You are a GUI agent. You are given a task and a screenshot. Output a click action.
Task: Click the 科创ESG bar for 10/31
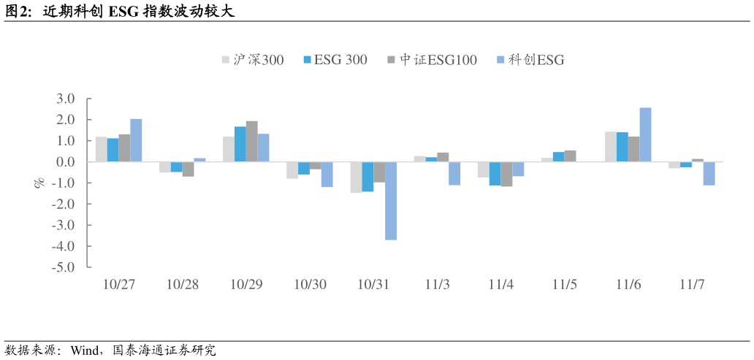pyautogui.click(x=391, y=201)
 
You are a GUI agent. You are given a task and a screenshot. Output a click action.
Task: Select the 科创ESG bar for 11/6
pyautogui.click(x=645, y=135)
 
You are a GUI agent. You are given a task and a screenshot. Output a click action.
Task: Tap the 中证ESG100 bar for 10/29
pyautogui.click(x=252, y=142)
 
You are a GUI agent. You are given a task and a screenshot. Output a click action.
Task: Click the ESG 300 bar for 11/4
pyautogui.click(x=495, y=174)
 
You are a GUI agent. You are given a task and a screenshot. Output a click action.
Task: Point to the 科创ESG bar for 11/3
pyautogui.click(x=454, y=173)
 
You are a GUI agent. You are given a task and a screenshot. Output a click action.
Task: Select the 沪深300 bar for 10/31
pyautogui.click(x=356, y=177)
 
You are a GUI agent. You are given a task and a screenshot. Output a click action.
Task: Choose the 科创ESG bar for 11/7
pyautogui.click(x=709, y=173)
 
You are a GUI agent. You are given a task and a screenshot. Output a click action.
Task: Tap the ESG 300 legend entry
pyautogui.click(x=335, y=60)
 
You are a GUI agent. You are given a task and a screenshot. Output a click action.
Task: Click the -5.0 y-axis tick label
pyautogui.click(x=64, y=267)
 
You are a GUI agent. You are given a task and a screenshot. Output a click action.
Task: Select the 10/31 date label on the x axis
pyautogui.click(x=373, y=284)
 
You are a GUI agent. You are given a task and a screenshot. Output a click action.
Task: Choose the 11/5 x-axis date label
pyautogui.click(x=565, y=284)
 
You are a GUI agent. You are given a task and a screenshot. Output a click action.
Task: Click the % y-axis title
pyautogui.click(x=40, y=183)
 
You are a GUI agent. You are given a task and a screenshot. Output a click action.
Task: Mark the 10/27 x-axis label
pyautogui.click(x=119, y=284)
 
